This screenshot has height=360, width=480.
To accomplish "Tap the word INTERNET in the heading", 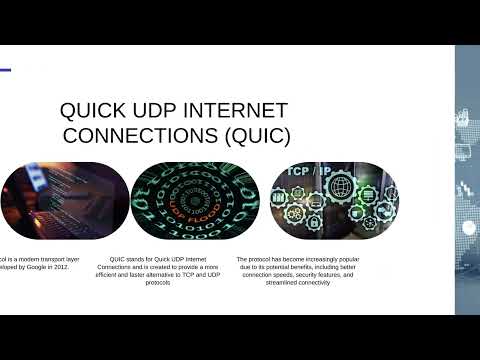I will [x=237, y=110].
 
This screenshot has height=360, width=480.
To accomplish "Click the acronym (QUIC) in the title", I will [x=249, y=134].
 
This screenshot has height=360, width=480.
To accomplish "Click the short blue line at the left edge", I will [x=5, y=69].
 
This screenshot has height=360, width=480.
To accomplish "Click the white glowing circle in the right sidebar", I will [x=469, y=228].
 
